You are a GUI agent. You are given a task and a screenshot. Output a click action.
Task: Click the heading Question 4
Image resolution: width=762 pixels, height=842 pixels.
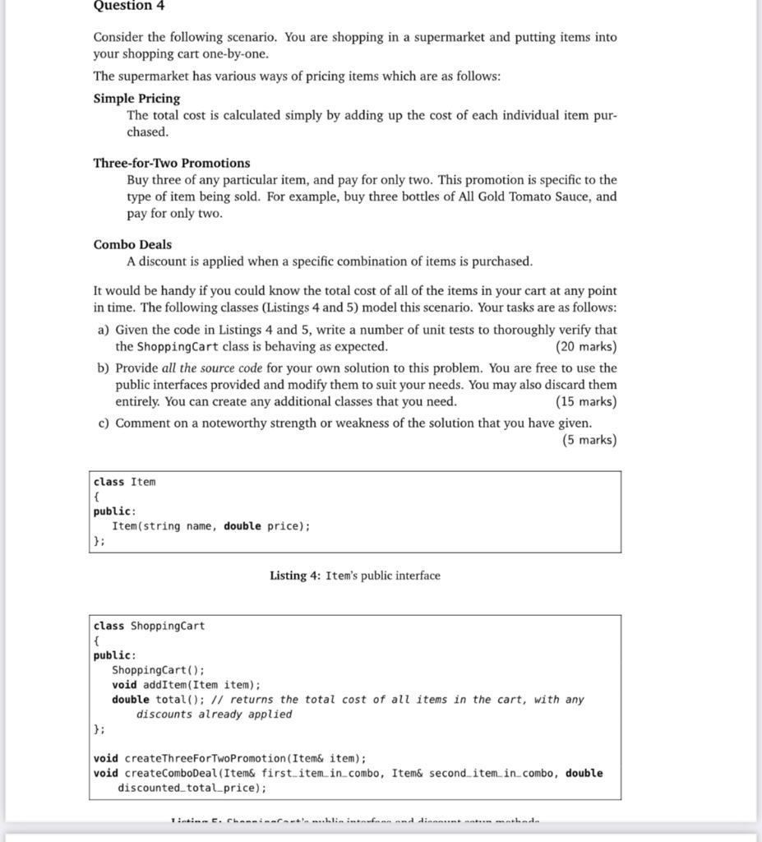[129, 6]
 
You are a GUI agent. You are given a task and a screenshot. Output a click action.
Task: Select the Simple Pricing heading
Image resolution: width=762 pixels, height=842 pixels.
[136, 98]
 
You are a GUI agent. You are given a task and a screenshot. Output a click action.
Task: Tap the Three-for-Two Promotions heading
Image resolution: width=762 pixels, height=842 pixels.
[172, 163]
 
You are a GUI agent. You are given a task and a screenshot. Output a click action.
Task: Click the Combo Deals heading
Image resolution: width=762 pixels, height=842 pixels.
[132, 244]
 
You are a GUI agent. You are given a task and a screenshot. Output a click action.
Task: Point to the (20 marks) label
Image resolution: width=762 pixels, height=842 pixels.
[585, 346]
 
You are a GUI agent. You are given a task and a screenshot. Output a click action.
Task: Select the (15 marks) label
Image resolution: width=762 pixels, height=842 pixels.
[585, 401]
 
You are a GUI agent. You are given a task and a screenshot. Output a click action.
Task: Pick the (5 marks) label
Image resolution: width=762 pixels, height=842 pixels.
[589, 440]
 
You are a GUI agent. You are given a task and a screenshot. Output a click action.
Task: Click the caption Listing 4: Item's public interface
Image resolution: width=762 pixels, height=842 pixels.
[354, 576]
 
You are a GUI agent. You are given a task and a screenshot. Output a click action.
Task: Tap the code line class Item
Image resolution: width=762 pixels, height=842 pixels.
[124, 482]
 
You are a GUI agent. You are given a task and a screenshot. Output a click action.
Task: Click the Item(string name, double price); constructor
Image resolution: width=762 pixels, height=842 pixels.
[211, 526]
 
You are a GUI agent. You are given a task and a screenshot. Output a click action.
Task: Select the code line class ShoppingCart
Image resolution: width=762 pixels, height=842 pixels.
[149, 626]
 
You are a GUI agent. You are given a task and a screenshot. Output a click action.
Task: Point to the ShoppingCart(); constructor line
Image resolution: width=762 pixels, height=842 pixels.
[159, 670]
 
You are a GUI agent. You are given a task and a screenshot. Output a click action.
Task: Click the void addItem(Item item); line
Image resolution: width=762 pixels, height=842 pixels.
[186, 685]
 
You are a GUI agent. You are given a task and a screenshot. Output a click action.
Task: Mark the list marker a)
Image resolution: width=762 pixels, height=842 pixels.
[103, 330]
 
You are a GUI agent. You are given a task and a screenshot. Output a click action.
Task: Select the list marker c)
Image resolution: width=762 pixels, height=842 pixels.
[103, 423]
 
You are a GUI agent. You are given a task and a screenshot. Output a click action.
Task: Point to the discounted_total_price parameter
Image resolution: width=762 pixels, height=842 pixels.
[190, 789]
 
